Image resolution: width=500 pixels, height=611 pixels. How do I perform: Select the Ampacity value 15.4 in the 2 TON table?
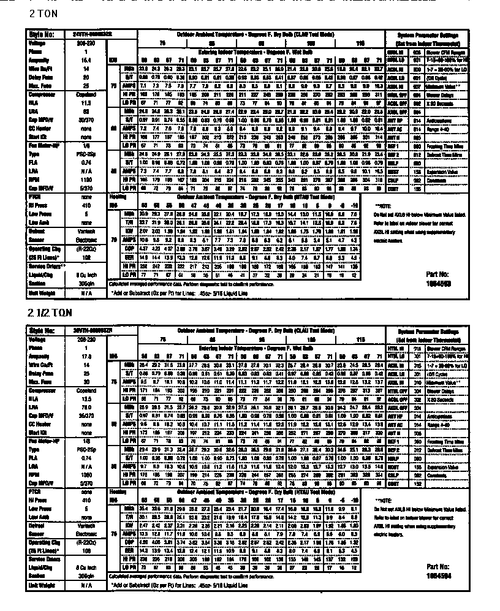[86, 60]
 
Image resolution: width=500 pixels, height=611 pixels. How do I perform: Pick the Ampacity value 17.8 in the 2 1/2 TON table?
[86, 355]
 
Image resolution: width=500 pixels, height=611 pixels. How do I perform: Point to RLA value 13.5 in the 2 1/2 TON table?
[86, 397]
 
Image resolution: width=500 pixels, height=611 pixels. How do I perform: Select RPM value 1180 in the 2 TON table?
[86, 180]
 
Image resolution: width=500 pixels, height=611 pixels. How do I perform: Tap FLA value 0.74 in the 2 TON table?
[86, 163]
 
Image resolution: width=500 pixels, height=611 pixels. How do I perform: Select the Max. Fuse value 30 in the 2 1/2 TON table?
[86, 381]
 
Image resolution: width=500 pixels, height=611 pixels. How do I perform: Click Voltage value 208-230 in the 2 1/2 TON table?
[86, 338]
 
